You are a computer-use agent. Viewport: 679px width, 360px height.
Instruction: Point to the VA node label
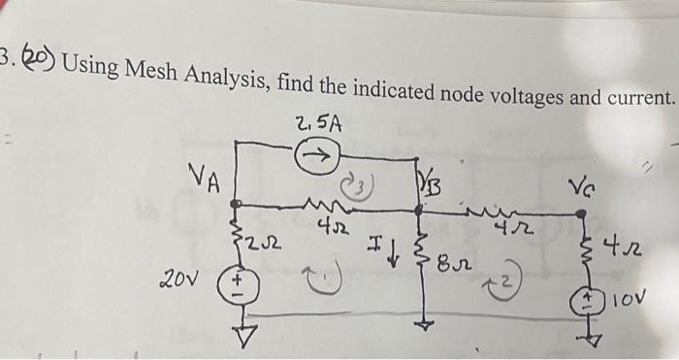coord(206,179)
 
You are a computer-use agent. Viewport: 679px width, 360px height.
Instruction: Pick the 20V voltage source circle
coord(234,284)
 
